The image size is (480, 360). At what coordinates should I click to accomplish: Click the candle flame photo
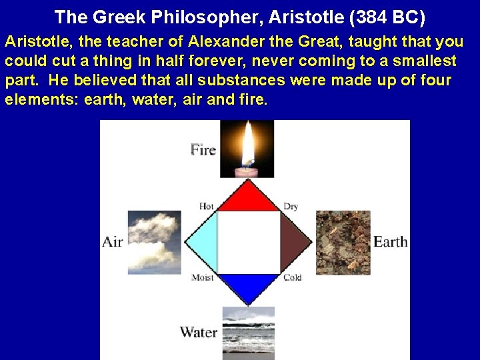click(247, 149)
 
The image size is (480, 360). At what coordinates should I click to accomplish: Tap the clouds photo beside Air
click(154, 242)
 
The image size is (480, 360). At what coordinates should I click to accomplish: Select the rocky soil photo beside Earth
click(342, 242)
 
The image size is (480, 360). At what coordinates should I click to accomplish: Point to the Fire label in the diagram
click(203, 149)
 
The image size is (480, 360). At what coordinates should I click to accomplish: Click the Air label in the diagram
click(113, 241)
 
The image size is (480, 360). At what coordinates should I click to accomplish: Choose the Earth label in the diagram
click(390, 241)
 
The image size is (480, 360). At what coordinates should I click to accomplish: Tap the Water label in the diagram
click(198, 331)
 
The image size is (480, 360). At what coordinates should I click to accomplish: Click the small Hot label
click(206, 207)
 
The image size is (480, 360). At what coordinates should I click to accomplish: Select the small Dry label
click(291, 207)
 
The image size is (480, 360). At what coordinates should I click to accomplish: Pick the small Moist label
click(203, 277)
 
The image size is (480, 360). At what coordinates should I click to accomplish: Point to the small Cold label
click(292, 277)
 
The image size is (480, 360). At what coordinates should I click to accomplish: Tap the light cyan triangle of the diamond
click(203, 242)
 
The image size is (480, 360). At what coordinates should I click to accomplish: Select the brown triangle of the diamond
click(294, 242)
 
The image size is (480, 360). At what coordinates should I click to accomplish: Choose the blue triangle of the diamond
click(248, 285)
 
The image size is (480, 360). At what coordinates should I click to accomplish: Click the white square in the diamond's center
click(248, 242)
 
